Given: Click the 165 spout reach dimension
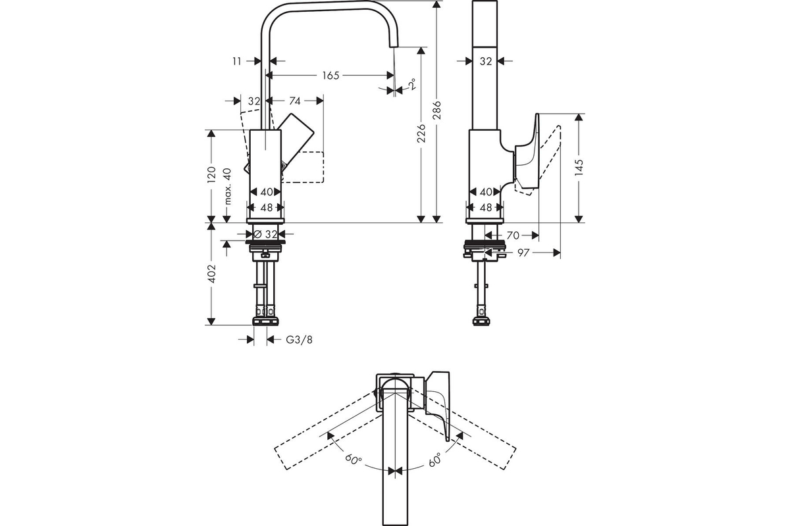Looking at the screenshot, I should tap(330, 76).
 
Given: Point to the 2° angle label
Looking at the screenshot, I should tap(411, 84).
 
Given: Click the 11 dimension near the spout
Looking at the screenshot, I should tap(236, 60).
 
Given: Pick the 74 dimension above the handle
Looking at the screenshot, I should tap(294, 101).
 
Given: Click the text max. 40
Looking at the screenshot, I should tap(228, 186).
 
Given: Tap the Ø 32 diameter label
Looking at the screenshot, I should tap(265, 233).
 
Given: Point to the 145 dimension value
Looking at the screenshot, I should tap(579, 168).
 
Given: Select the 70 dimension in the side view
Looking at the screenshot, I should tap(513, 233).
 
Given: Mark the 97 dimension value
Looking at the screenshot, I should tap(524, 252).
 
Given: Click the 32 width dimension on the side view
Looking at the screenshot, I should tap(486, 60).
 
